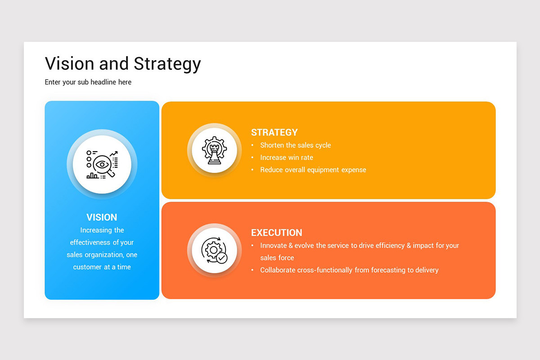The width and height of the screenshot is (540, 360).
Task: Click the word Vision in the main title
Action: click(70, 63)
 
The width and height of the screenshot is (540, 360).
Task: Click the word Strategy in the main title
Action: click(167, 64)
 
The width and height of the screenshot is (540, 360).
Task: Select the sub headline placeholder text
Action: click(88, 82)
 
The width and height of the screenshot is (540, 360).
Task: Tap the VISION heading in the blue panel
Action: click(102, 217)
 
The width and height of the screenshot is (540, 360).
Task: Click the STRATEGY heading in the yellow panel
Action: click(274, 132)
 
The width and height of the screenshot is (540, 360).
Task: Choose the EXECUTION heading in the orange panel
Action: click(277, 233)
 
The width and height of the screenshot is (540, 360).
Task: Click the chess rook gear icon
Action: click(214, 150)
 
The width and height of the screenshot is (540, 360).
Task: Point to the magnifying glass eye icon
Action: click(102, 165)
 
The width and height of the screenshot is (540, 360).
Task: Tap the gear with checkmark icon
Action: click(214, 251)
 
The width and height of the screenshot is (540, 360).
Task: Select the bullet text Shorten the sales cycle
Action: click(296, 145)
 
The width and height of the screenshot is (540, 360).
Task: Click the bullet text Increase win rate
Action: click(287, 157)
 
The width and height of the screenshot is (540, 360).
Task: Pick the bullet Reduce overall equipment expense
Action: click(313, 170)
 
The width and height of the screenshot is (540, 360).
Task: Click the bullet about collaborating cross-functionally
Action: click(349, 270)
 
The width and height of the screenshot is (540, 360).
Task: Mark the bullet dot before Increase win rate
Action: click(252, 157)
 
